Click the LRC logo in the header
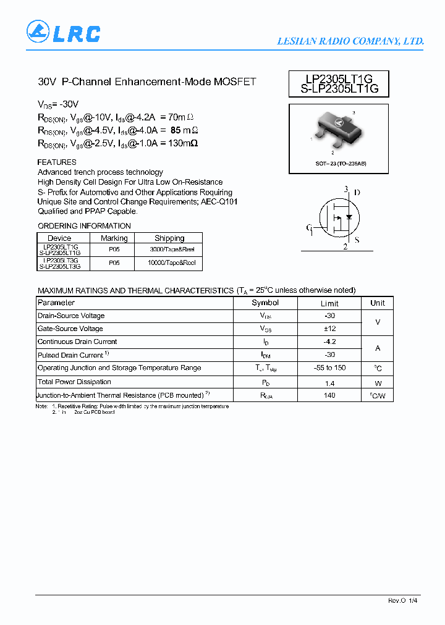coord(63,32)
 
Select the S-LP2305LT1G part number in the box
coord(338,89)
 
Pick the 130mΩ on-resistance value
coord(182,143)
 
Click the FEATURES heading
coord(57,162)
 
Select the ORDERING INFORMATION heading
coord(84,226)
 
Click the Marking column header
coord(114,238)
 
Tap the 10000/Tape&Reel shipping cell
coord(172,263)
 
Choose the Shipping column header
coord(169,238)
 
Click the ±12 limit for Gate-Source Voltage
coord(329,329)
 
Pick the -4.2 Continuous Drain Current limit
coord(329,342)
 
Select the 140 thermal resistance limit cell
coord(329,395)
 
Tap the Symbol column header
coord(265,303)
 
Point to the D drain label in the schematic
coord(357,192)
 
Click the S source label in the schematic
coord(357,240)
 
